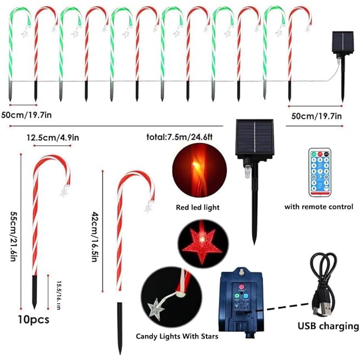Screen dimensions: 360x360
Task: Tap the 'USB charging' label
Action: (327, 326)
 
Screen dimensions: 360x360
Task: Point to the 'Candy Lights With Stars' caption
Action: (177, 337)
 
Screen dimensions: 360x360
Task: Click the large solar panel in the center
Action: (256, 138)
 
